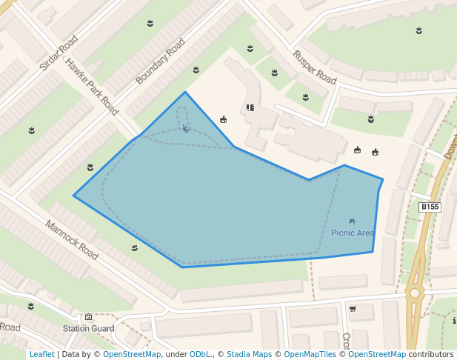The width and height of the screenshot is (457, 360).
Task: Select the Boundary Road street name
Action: tap(160, 61)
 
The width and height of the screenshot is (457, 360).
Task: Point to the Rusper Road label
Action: tap(315, 66)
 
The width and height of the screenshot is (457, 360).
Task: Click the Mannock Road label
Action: tap(72, 240)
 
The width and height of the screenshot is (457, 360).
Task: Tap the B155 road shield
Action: tap(430, 207)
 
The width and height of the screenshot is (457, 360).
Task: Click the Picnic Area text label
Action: tap(353, 233)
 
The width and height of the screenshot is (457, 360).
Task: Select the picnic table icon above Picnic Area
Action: tap(352, 221)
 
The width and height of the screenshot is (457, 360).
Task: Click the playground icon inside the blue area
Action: tap(186, 128)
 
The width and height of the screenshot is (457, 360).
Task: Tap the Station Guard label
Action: tap(88, 328)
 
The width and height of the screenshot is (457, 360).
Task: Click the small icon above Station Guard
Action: tap(88, 317)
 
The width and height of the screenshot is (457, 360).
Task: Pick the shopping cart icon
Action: tap(353, 308)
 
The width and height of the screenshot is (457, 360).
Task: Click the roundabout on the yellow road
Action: tap(415, 293)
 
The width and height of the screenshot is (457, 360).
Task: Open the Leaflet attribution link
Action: tap(41, 354)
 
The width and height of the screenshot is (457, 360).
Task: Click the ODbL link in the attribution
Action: tap(200, 354)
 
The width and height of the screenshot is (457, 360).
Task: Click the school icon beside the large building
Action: tap(250, 107)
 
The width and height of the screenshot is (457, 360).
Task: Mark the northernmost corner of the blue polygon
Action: tap(185, 92)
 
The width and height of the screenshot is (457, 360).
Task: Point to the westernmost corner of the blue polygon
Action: tap(73, 196)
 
